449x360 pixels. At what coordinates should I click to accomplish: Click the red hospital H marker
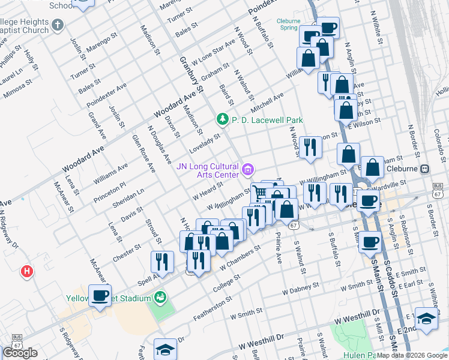point(26,272)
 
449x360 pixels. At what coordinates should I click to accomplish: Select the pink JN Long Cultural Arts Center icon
point(247,170)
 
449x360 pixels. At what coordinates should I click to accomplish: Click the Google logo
point(20,353)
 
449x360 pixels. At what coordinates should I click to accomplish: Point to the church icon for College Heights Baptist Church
point(57,25)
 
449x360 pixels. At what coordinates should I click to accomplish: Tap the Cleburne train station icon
point(424,169)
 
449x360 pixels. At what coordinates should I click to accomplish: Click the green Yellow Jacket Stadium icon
point(159,296)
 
